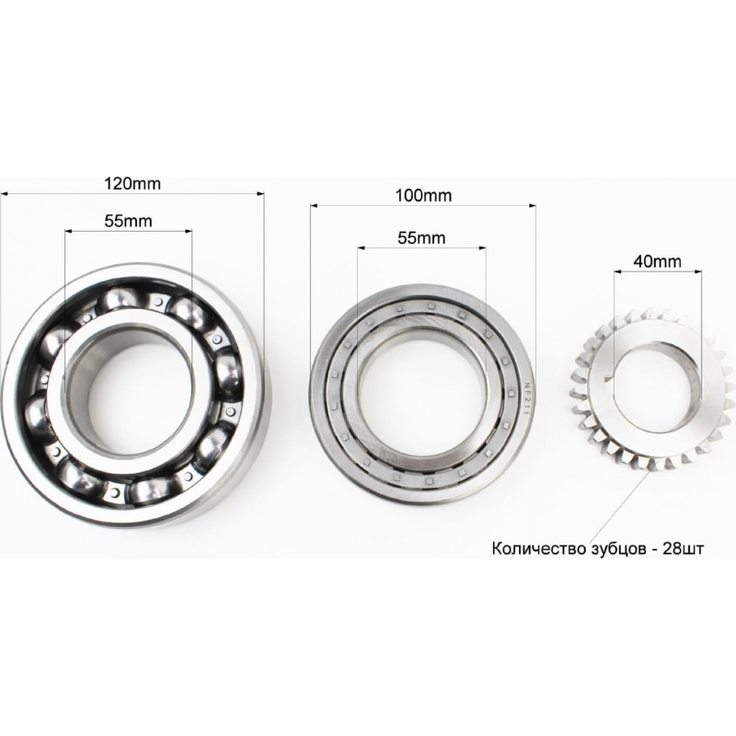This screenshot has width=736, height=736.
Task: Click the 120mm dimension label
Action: (x=132, y=183)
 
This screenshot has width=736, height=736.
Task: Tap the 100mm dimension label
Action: (x=423, y=195)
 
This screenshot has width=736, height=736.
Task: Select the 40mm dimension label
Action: (x=657, y=261)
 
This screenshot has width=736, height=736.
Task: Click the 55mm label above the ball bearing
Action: (x=128, y=221)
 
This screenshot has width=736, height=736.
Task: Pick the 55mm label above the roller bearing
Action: (x=421, y=238)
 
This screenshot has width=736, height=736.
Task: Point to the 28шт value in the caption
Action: (x=683, y=548)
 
